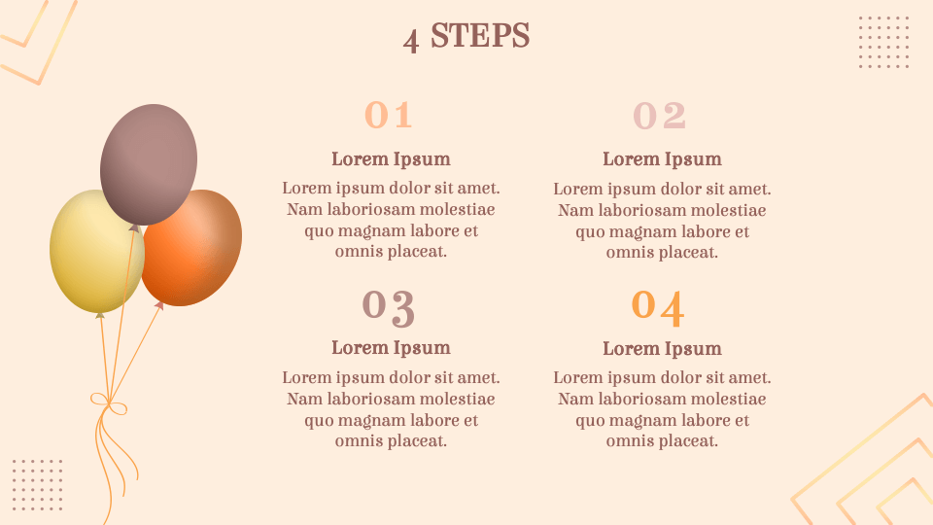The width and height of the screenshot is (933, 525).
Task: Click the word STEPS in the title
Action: [x=479, y=36]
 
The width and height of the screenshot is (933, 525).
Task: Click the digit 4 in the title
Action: [x=411, y=41]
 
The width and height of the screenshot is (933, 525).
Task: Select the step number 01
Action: [x=388, y=115]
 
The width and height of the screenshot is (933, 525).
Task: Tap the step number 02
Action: [x=659, y=116]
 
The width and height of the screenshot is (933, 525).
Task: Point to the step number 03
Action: [x=389, y=308]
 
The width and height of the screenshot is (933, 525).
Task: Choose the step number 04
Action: [x=658, y=308]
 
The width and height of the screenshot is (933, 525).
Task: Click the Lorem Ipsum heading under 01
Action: [x=391, y=159]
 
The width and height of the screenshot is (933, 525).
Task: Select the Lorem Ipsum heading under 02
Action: [x=662, y=159]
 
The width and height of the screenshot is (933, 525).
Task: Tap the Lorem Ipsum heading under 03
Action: [x=391, y=348]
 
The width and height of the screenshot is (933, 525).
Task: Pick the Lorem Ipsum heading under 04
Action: [x=662, y=349]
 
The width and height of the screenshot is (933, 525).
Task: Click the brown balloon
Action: [x=149, y=163]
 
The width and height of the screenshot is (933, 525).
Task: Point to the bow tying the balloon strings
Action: [x=109, y=404]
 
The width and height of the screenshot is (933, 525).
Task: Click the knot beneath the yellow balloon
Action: [x=100, y=315]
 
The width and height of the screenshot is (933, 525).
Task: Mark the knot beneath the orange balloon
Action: [x=158, y=305]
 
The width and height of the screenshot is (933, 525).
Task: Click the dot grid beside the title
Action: [x=883, y=42]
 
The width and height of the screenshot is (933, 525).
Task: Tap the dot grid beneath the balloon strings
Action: [x=38, y=484]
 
